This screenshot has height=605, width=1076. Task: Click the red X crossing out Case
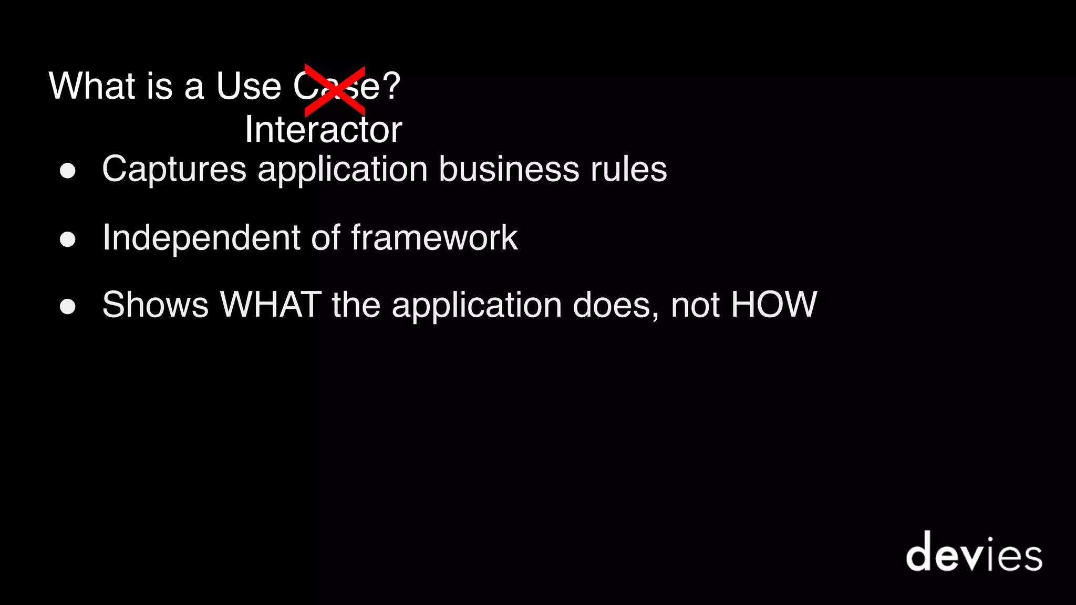[x=335, y=90]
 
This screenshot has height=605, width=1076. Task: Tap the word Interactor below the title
[x=323, y=130]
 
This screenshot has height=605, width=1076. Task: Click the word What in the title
[x=92, y=86]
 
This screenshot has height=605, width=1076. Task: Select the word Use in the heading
[x=249, y=86]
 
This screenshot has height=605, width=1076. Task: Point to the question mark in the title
[x=391, y=86]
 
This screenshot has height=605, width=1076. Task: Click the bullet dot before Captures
[x=68, y=171]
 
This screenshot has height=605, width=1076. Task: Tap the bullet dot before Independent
[x=68, y=239]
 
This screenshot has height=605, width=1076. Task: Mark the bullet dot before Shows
[x=68, y=307]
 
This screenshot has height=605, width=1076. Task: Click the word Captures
[x=174, y=169]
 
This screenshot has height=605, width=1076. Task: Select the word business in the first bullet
[x=509, y=169]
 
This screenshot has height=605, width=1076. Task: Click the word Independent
[x=201, y=237]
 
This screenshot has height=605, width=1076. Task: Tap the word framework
[x=434, y=237]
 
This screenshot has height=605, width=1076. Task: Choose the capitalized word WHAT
[x=271, y=305]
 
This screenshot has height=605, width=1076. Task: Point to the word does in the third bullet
[x=612, y=305]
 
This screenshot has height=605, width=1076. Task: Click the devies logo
[x=974, y=552]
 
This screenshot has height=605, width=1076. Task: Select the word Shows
[x=156, y=305]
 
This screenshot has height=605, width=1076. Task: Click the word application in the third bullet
[x=477, y=306]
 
